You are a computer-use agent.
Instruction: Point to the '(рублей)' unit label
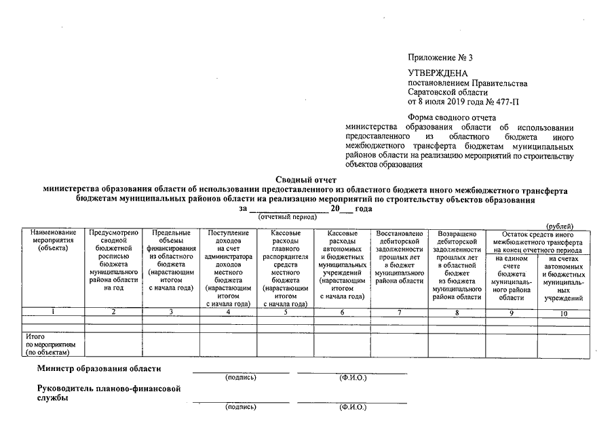click(x=560, y=226)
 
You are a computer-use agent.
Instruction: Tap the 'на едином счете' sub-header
click(x=512, y=278)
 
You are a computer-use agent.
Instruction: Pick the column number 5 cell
click(x=285, y=312)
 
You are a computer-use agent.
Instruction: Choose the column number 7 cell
click(x=400, y=312)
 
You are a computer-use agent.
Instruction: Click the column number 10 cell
click(x=563, y=312)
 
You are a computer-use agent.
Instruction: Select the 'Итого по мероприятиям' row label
click(x=47, y=344)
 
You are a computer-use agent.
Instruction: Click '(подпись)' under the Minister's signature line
click(x=241, y=378)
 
